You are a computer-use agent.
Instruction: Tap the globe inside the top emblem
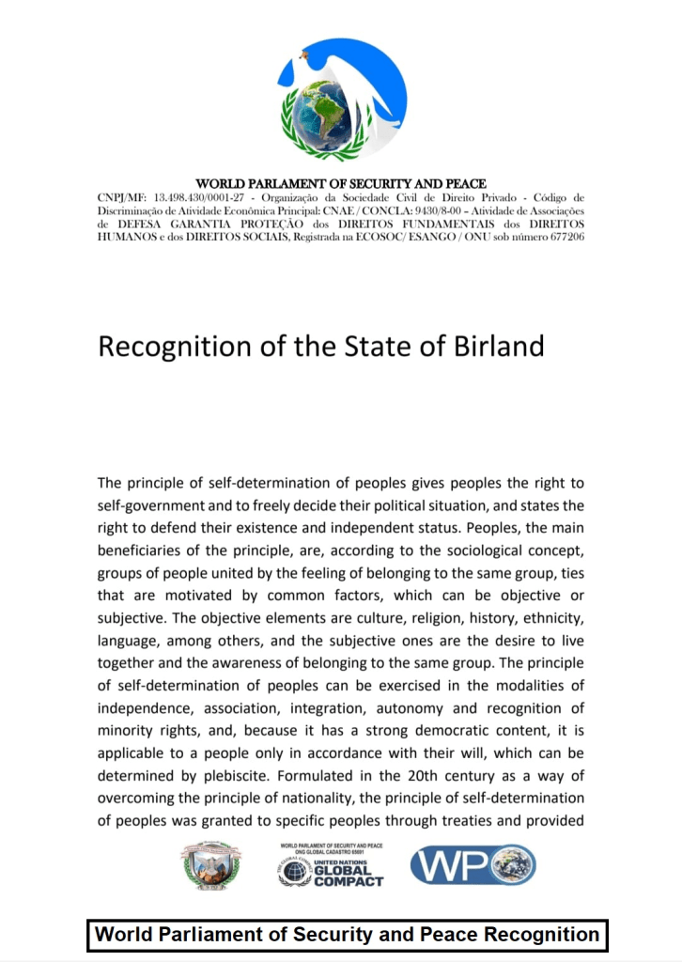[323, 117]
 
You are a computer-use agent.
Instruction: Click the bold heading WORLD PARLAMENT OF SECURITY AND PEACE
[340, 184]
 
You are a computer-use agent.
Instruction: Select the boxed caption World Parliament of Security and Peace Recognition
[348, 935]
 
